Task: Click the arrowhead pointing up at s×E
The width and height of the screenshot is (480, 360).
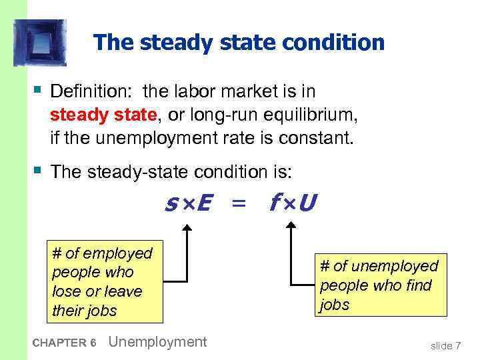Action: tap(187, 228)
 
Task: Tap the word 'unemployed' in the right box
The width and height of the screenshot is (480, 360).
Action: tap(394, 266)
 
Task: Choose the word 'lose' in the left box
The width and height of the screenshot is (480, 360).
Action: tap(65, 291)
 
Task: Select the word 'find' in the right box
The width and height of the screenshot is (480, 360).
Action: tap(418, 285)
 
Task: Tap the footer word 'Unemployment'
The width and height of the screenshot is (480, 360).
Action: tap(157, 342)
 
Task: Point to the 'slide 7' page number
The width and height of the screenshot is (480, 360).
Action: tap(445, 345)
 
